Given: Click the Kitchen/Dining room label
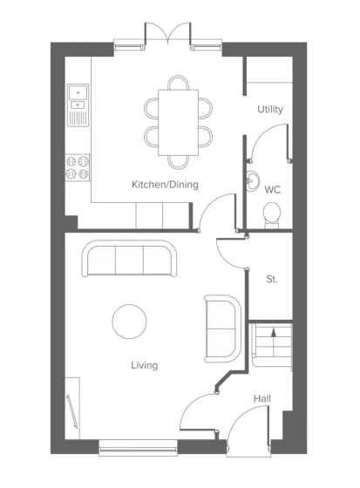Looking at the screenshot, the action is click(165, 185).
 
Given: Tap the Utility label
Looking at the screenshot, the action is click(270, 109).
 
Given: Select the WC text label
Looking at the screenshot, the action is click(272, 190).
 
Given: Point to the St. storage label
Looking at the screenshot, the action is click(272, 279).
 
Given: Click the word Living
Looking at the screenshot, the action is click(144, 365).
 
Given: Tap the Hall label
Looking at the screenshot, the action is click(262, 399).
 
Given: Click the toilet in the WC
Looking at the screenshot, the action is click(272, 215).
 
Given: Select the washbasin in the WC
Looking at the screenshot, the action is click(252, 180).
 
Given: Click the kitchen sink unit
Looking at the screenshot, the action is click(78, 105).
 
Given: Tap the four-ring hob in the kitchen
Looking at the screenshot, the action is click(78, 167).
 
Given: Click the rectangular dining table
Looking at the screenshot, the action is click(178, 122).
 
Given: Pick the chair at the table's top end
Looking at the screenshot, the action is click(178, 83).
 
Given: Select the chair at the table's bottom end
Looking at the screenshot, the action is click(178, 162).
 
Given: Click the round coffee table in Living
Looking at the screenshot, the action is click(129, 322).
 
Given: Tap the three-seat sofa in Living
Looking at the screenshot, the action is click(129, 258).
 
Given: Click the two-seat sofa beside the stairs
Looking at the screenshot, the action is click(222, 329).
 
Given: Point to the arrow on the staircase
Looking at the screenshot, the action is click(274, 332).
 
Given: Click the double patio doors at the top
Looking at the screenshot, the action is click(167, 34).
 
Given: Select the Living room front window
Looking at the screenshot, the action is click(138, 448).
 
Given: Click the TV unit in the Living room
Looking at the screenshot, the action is click(72, 409).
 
